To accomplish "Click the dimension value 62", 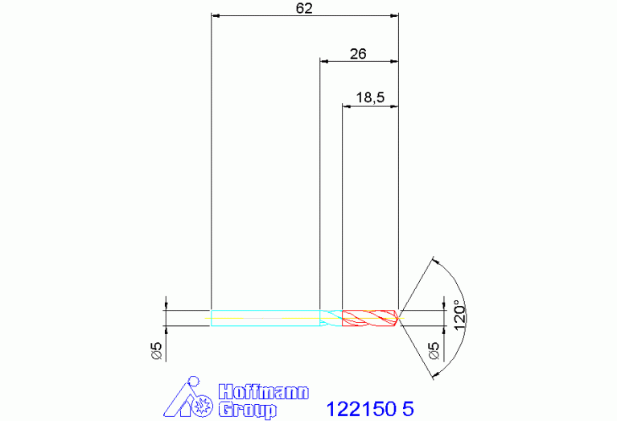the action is (x=304, y=8).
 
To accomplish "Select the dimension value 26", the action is (x=358, y=54).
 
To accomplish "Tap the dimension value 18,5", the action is (x=370, y=97).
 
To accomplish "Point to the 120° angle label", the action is (x=459, y=316).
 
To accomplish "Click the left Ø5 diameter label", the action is (x=157, y=350).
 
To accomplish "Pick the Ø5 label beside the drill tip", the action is (x=434, y=350).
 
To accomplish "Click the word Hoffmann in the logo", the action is (x=264, y=392).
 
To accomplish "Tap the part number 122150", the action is (x=361, y=409).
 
